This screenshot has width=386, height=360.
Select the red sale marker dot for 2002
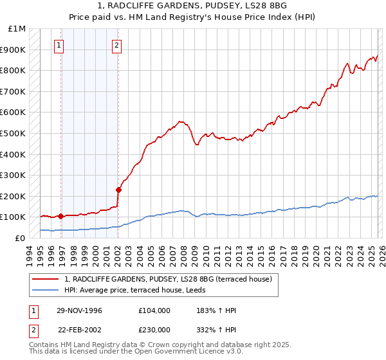pos(118,190)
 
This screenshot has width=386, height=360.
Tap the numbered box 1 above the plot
pos(59,45)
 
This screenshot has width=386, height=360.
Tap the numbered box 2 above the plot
pos(116,45)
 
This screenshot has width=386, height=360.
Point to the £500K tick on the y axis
pos(14,133)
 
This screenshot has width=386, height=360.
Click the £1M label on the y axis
pos(17,29)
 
